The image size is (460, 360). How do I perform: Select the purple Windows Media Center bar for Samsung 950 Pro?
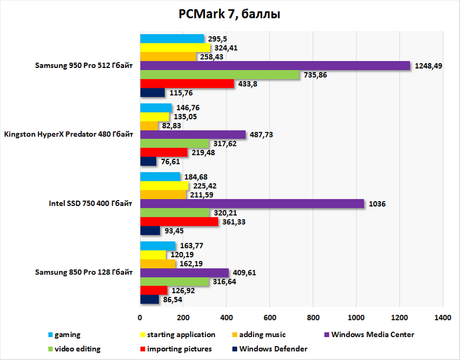click(x=275, y=66)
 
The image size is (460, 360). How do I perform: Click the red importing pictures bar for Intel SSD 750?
click(x=179, y=221)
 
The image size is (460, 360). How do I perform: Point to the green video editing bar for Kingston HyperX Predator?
click(x=174, y=144)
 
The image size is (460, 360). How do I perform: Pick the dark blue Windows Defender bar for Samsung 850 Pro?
click(x=150, y=300)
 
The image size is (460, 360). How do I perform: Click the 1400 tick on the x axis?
click(x=442, y=317)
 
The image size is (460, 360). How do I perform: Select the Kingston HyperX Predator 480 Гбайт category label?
click(x=68, y=135)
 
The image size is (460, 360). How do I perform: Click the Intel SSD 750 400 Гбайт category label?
click(x=91, y=203)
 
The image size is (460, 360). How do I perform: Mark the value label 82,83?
click(x=173, y=126)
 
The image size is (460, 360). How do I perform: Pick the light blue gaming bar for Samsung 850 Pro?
click(x=158, y=246)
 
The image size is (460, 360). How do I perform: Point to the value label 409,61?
click(x=245, y=272)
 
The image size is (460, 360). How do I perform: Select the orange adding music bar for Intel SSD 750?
click(x=163, y=194)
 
